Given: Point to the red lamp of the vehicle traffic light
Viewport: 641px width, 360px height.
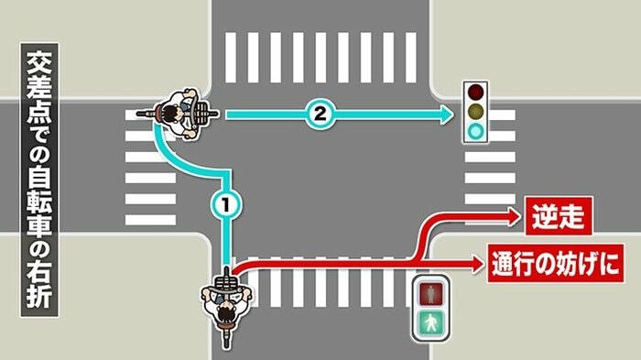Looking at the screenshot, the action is coord(475,93).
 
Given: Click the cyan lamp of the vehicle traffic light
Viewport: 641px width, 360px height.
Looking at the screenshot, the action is coord(475,133).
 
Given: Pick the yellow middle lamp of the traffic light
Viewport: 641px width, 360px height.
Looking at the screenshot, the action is coord(475,113).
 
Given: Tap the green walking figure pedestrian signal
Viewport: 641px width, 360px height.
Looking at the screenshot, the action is coord(430,322).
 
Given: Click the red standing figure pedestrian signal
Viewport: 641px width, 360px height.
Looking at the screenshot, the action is coord(430,293).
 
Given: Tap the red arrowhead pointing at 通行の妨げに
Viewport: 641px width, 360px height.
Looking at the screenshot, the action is coord(477,265).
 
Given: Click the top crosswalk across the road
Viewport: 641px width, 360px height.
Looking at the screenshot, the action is coord(320,58).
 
